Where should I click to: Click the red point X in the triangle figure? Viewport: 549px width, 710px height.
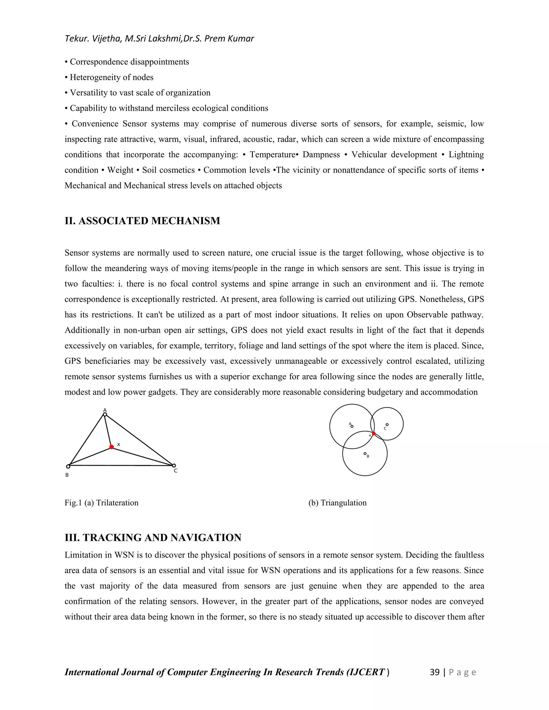point(112,447)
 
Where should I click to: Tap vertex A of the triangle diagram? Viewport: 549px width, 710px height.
point(105,414)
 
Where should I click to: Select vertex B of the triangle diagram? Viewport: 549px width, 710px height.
point(68,466)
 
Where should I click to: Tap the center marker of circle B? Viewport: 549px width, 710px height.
point(365,454)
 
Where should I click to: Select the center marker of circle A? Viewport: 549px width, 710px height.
point(352,426)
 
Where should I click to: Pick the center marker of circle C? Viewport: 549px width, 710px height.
point(387,425)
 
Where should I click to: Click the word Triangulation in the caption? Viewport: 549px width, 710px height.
point(343,503)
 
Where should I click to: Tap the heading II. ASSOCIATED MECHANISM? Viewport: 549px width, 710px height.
point(142,221)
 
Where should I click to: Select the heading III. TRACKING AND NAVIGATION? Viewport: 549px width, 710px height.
point(153,538)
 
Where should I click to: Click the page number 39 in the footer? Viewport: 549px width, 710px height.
point(435,672)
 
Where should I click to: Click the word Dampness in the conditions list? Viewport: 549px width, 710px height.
point(321,155)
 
